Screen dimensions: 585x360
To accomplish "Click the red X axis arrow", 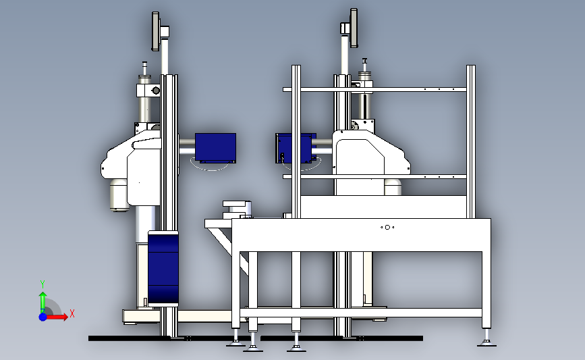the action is coord(56,317).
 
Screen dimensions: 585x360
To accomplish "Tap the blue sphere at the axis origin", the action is coord(43,317).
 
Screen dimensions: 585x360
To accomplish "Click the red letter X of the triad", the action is coord(72,313).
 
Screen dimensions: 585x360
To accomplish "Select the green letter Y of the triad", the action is coord(43,284).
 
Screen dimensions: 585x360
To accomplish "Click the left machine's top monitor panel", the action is coord(156,31).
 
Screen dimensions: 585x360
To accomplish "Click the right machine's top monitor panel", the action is coord(354,28).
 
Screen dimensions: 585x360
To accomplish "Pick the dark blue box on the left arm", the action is coord(215,148).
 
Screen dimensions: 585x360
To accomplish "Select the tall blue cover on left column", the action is coord(163,269).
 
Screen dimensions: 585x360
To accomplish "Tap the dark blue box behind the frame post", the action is coord(295,149).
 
